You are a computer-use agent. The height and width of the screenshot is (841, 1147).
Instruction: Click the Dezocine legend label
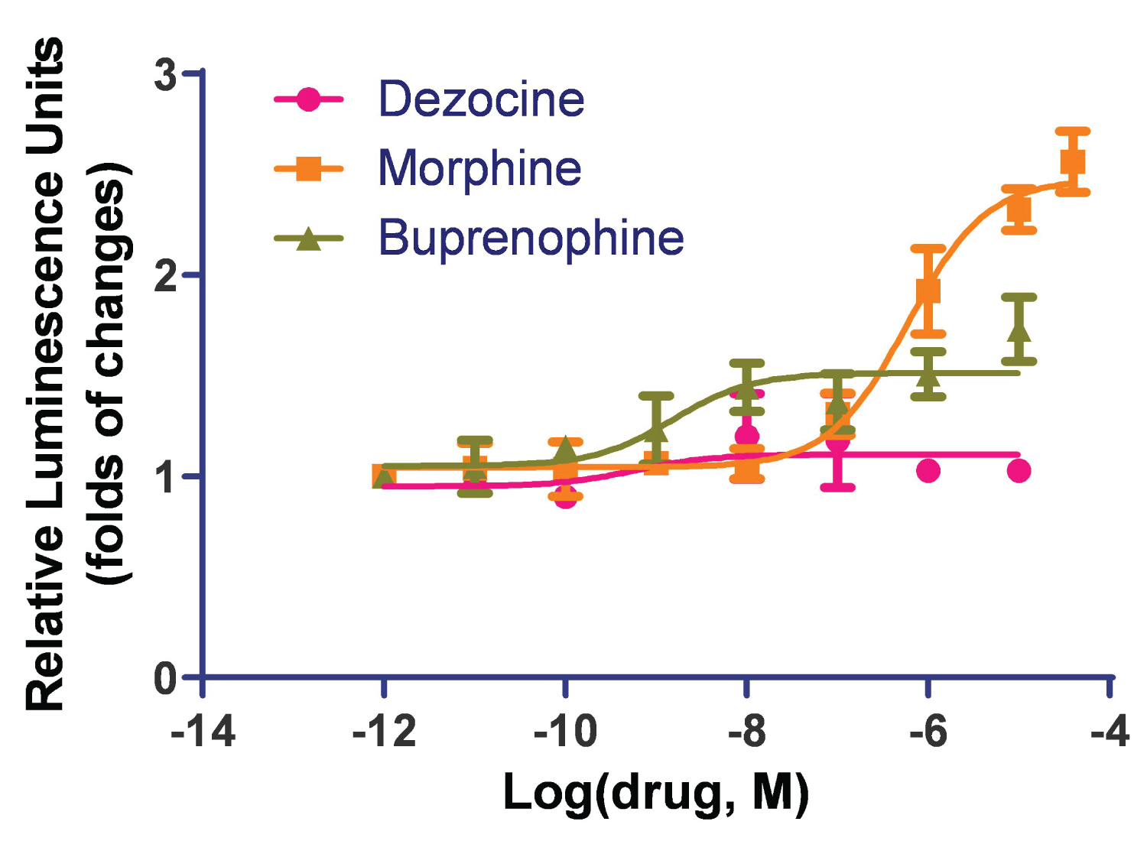pos(481,99)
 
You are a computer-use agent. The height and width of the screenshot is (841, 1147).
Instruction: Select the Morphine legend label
pos(479,168)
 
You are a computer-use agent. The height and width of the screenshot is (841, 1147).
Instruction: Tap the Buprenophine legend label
pos(531,238)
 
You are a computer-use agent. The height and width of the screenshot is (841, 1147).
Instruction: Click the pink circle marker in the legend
pos(308,99)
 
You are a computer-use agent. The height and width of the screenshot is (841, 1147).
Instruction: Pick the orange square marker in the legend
pos(308,168)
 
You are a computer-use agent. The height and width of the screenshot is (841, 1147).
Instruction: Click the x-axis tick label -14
pos(203,732)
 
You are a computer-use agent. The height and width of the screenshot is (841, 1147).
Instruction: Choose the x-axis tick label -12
pos(384,732)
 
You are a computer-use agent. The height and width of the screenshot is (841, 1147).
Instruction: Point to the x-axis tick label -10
pos(565,732)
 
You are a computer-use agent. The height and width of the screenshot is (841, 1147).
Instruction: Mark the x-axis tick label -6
pos(928,732)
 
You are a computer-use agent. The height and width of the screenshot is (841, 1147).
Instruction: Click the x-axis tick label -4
pos(1110,732)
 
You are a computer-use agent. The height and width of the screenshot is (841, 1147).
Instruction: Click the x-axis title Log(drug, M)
pos(655,793)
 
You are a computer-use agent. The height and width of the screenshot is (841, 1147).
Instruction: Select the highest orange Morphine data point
pos(1073,162)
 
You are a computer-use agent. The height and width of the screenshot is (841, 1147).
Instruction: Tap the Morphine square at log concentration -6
pos(928,291)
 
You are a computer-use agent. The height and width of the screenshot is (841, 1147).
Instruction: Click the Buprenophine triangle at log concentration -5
pos(1019,330)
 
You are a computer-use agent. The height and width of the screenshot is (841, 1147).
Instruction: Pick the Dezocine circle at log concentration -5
pos(1019,471)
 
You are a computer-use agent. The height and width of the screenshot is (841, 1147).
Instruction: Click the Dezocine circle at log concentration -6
pos(928,471)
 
